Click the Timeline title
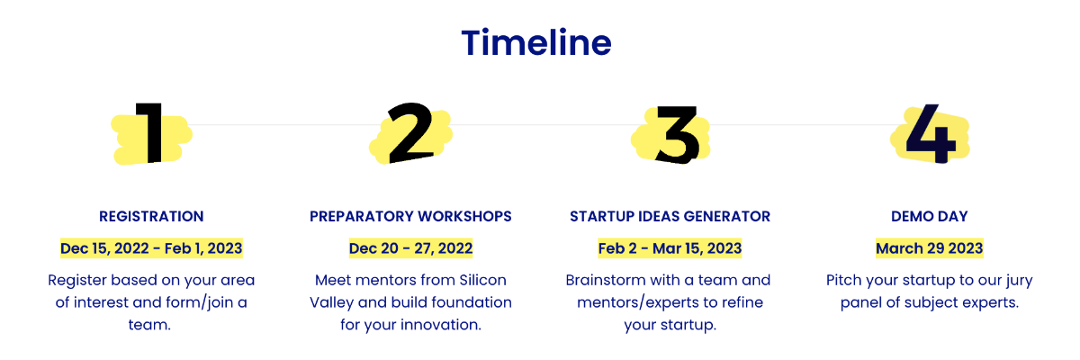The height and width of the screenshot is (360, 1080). coord(536,42)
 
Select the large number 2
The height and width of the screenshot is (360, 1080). coord(410,132)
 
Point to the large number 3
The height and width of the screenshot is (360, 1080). coord(677,134)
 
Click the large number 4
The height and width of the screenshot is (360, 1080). coord(931,133)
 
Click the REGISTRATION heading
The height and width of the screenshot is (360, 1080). coord(151,216)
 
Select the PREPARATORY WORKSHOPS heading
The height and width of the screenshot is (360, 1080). coord(410,216)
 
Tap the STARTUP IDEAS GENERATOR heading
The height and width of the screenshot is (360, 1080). coord(670,216)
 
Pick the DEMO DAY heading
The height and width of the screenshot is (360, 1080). coord(930,216)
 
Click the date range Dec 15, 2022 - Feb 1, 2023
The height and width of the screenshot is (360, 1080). coord(151,248)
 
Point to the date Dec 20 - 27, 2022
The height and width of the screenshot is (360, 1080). coord(410,248)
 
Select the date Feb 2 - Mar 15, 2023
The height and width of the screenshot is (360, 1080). coord(670,248)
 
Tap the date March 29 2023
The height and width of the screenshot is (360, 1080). coord(930,248)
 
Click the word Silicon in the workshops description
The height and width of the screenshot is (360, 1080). coord(482,280)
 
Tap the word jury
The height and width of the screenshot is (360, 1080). coord(1018,282)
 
